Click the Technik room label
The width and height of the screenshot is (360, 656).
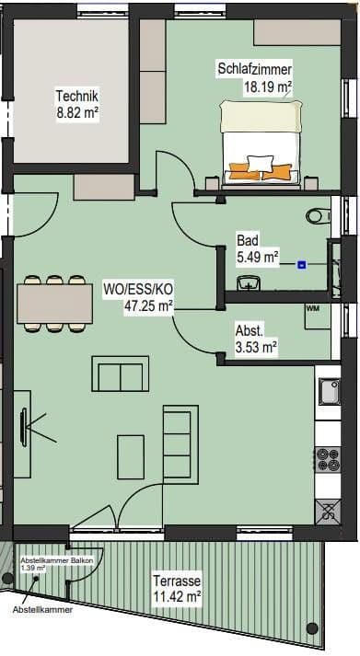76,96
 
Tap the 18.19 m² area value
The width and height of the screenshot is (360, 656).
267,87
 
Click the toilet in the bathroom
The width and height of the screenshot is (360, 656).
317,216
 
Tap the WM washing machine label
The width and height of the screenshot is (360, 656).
312,308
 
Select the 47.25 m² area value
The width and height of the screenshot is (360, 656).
149,305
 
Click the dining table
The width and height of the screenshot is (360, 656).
53,302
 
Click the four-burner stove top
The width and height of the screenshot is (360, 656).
329,458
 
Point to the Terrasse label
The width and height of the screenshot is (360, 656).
178,581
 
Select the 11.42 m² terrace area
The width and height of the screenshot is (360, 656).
178,596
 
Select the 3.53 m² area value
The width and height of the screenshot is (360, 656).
257,347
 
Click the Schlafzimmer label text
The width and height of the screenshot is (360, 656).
255,70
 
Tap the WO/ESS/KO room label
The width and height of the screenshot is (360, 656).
148,289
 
